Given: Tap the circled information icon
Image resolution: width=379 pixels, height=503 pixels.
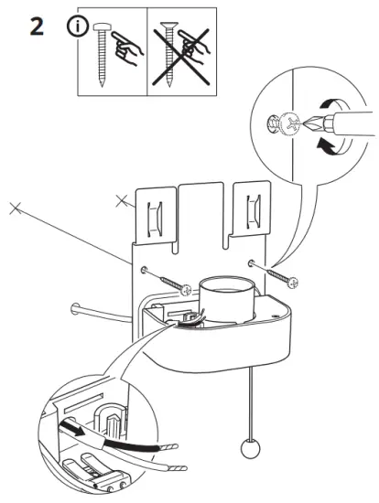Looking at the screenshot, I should (75, 27).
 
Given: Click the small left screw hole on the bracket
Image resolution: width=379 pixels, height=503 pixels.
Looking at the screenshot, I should (146, 269).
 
